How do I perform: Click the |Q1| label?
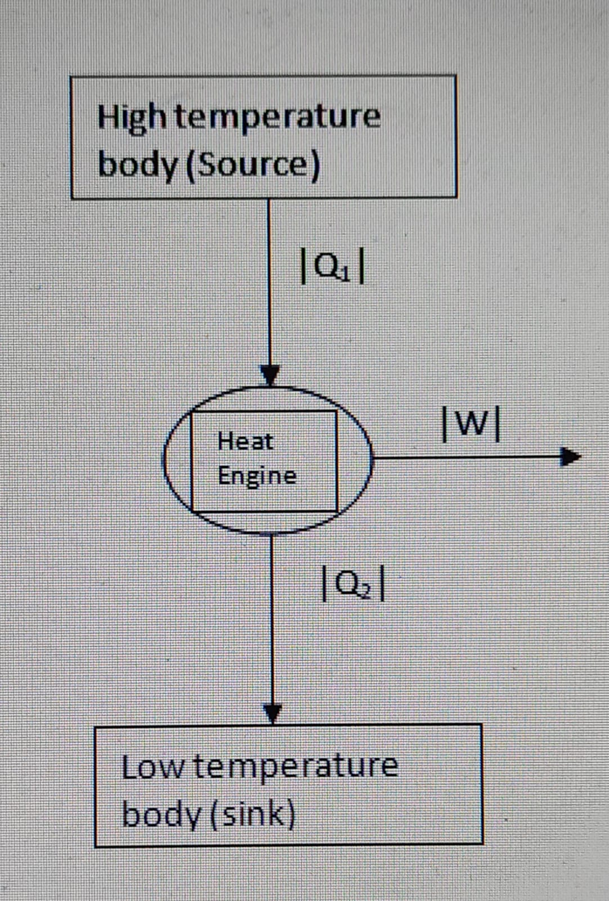pyautogui.click(x=334, y=267)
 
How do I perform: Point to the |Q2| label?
pyautogui.click(x=353, y=586)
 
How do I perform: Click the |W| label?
pyautogui.click(x=472, y=426)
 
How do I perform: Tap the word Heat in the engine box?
pyautogui.click(x=245, y=441)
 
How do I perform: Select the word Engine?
pyautogui.click(x=257, y=476)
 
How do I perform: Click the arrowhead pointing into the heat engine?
pyautogui.click(x=270, y=375)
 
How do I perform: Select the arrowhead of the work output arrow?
pyautogui.click(x=570, y=457)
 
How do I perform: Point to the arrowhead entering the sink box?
pyautogui.click(x=272, y=714)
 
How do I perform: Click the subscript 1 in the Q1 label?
pyautogui.click(x=347, y=273)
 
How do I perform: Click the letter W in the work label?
pyautogui.click(x=472, y=426)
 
